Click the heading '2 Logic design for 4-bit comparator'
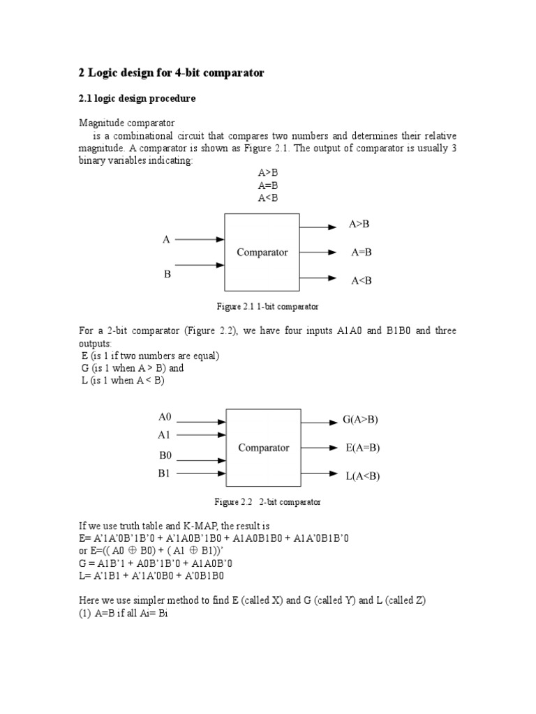[x=170, y=73]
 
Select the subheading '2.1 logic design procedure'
[x=136, y=99]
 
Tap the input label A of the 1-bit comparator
[x=166, y=240]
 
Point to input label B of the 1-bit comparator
[x=167, y=274]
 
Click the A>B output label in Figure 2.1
[x=359, y=225]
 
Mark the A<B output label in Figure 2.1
[x=362, y=280]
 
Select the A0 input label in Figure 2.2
[x=165, y=417]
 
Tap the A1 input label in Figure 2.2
[x=165, y=435]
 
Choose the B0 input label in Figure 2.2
[x=165, y=455]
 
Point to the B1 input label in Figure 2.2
[x=165, y=473]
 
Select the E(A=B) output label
[x=363, y=448]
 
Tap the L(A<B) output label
[x=363, y=476]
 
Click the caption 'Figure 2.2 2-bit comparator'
[x=267, y=501]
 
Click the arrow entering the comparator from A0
[x=202, y=422]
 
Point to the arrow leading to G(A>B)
[x=320, y=422]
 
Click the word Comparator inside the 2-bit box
[x=264, y=448]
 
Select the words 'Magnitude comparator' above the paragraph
[x=126, y=123]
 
